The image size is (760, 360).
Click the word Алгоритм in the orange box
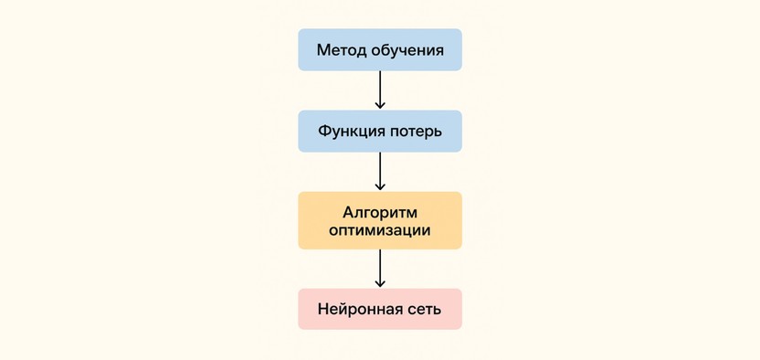379,212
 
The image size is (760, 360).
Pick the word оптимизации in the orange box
379,231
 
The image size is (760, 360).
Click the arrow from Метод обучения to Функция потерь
380,89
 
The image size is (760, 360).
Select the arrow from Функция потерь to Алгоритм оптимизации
380,170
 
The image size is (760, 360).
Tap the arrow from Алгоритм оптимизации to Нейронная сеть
380,268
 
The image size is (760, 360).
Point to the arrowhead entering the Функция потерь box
380,105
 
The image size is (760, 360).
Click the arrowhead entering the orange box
380,186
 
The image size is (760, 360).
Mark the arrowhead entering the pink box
380,283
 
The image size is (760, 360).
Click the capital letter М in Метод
322,50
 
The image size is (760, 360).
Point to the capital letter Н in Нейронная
323,309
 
